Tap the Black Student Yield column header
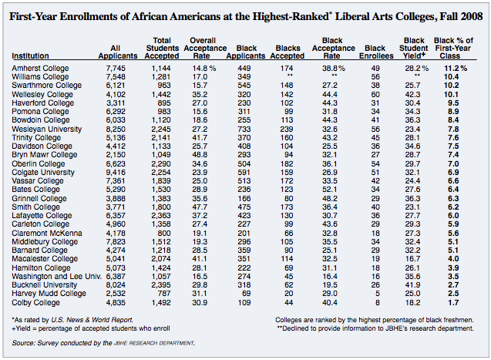[x=414, y=47]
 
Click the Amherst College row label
[x=40, y=69]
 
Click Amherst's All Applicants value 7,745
[x=123, y=69]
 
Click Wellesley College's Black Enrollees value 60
[x=376, y=95]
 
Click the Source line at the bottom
[x=104, y=342]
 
